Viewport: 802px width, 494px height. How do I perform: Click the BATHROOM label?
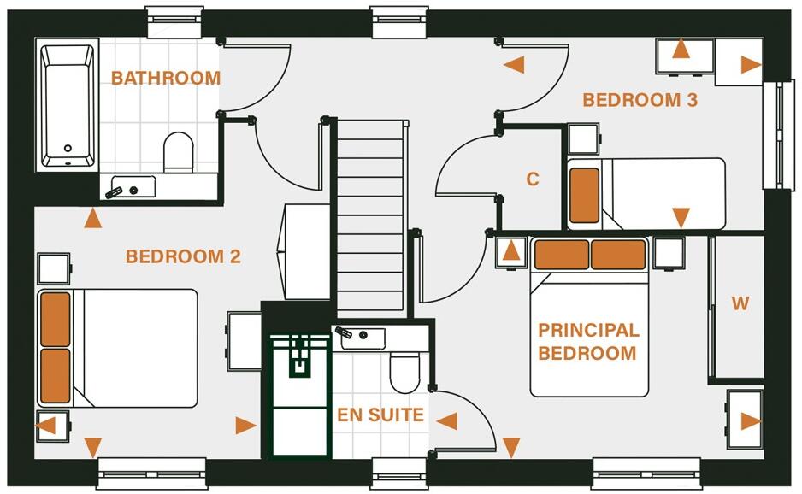click(x=166, y=79)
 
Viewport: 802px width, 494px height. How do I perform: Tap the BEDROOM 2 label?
click(x=183, y=256)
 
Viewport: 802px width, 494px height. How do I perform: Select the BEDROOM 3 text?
click(x=640, y=100)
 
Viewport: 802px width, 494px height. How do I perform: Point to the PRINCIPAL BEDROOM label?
click(x=587, y=341)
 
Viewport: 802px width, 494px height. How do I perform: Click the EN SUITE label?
click(x=380, y=415)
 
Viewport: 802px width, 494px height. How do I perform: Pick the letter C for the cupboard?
click(x=533, y=179)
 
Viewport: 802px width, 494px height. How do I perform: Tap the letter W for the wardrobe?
click(x=740, y=303)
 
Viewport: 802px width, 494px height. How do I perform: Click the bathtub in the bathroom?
click(x=68, y=105)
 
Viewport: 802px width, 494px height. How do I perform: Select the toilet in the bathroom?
click(x=179, y=150)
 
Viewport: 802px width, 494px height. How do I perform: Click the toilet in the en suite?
click(x=404, y=370)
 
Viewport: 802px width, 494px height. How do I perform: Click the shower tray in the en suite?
click(x=299, y=394)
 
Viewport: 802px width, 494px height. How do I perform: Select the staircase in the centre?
click(x=369, y=215)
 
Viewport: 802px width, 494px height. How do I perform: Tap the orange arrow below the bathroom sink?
click(x=92, y=219)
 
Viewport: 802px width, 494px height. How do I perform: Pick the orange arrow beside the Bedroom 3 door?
click(x=513, y=65)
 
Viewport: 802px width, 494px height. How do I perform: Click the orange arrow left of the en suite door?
click(x=446, y=420)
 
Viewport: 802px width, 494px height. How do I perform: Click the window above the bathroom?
click(x=174, y=21)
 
